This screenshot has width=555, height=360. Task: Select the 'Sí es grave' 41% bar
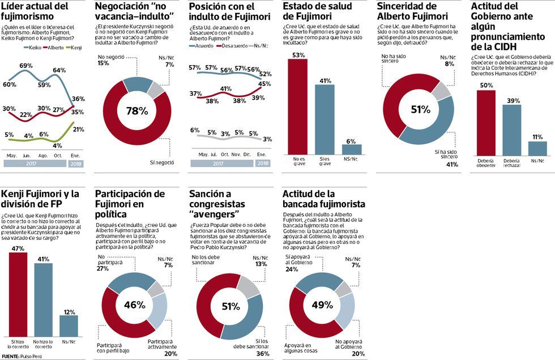[x=325, y=119]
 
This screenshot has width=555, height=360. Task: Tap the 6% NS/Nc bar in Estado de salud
[x=352, y=149]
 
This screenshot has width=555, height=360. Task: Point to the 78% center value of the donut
[x=136, y=111]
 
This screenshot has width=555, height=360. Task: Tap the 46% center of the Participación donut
[x=135, y=305]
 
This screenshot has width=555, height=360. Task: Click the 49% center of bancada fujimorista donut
[x=322, y=305]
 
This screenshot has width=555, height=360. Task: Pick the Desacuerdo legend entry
[x=232, y=45]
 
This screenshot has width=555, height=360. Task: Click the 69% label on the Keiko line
[x=26, y=66]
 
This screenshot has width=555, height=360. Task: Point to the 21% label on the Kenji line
[x=79, y=129]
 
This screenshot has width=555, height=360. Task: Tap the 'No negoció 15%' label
[x=104, y=60]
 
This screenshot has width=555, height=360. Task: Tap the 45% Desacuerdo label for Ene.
[x=263, y=84]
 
